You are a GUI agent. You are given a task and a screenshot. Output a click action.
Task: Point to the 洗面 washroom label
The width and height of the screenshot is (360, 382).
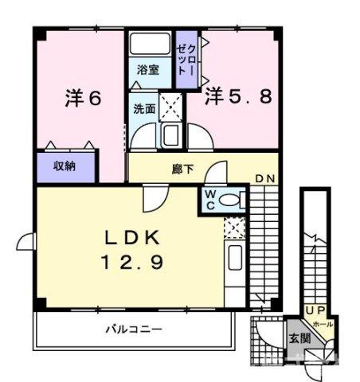coord(143,109)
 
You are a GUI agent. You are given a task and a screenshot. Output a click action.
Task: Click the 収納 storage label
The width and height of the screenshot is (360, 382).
coord(65,166)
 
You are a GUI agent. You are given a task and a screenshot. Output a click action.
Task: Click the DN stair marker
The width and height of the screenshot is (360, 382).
coord(265,178)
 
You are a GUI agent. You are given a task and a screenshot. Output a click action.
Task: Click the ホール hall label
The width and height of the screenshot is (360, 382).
coord(323,325)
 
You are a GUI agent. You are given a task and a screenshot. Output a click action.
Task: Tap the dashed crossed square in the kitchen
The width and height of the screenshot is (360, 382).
coord(234,229)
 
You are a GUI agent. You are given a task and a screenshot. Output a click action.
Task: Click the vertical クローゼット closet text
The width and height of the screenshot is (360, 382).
coord(183,57)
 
